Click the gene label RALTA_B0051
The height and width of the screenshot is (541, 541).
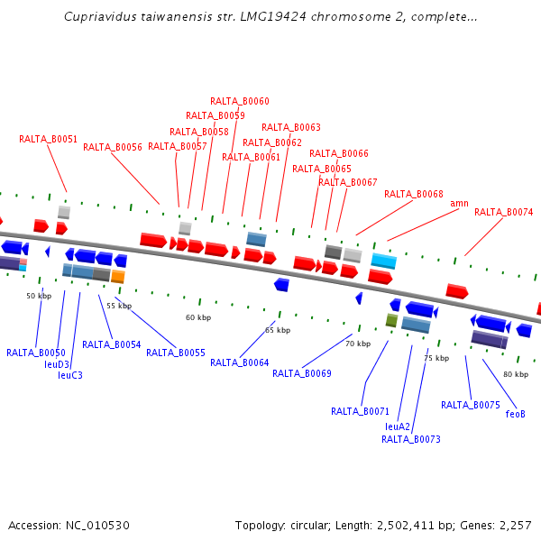click(x=48, y=139)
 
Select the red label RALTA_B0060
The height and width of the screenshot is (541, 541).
click(x=239, y=101)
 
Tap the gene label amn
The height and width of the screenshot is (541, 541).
click(x=459, y=203)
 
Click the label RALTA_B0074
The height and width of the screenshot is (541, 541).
click(x=503, y=212)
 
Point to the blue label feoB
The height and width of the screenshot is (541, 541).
click(x=515, y=414)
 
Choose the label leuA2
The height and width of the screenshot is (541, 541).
click(x=398, y=426)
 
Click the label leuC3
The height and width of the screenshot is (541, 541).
click(x=64, y=375)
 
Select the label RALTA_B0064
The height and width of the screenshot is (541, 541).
click(x=239, y=362)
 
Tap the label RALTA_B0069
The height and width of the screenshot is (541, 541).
click(x=301, y=373)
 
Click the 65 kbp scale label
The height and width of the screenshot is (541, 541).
click(x=278, y=330)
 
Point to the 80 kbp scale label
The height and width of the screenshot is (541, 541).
click(x=516, y=374)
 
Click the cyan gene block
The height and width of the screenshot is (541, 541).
click(x=384, y=261)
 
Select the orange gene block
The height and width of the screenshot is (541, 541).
click(x=118, y=277)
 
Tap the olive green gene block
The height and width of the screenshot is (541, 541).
click(x=391, y=320)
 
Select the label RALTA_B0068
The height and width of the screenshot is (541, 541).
click(x=413, y=194)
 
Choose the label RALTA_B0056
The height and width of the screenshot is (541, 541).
click(x=113, y=147)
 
